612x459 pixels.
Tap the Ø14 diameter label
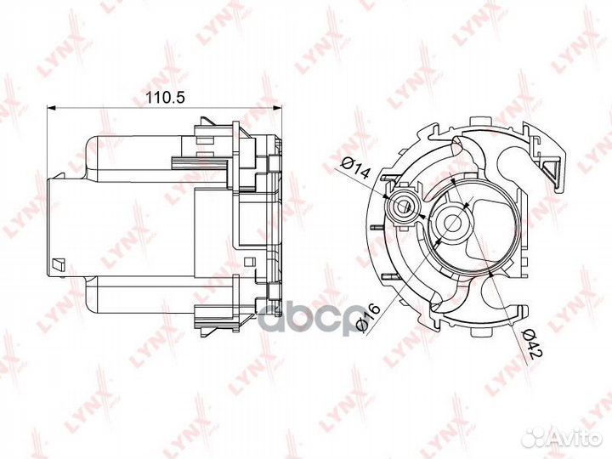coord(354,168)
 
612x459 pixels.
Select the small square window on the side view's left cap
coord(57,263)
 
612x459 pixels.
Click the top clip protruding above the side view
coord(207,127)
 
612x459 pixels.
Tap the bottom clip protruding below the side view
coord(207,320)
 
